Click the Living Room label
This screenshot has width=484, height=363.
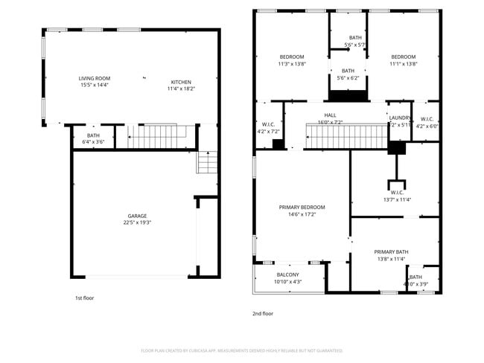[x=95, y=78]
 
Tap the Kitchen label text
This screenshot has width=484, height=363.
[x=181, y=82]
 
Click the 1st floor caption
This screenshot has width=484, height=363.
[x=84, y=298]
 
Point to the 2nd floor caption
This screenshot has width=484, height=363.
[x=263, y=313]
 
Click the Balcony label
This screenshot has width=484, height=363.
[x=287, y=274]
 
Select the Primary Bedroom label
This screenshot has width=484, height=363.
[x=302, y=207]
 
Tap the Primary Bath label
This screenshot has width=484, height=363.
[x=391, y=251]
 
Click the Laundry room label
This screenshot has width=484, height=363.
[x=400, y=118]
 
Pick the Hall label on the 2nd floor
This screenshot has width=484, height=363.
[x=330, y=115]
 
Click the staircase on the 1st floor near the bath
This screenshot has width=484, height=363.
[x=155, y=136]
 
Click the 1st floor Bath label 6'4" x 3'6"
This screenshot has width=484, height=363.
[x=93, y=135]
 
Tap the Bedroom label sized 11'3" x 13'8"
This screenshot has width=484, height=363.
[x=292, y=57]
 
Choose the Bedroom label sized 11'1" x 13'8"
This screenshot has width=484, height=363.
[x=403, y=57]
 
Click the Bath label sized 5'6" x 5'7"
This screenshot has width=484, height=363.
[x=355, y=38]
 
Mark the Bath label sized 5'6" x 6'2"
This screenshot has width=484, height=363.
[x=348, y=71]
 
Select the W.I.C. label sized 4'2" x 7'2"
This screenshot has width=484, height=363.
[x=269, y=124]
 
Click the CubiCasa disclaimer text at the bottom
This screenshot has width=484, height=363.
[x=241, y=350]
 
